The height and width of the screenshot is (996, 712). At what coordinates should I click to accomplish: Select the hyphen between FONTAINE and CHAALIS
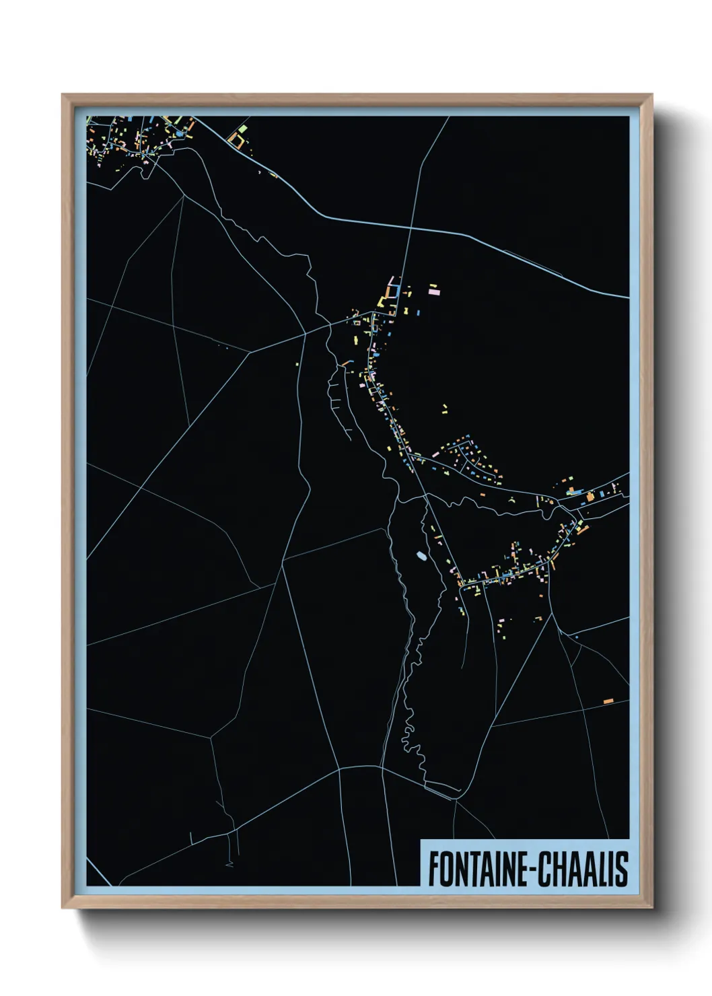533,870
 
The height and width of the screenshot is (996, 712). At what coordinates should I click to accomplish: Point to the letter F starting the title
433,869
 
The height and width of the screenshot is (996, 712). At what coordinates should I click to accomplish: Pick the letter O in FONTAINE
445,869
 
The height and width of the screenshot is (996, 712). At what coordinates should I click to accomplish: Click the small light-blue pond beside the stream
421,556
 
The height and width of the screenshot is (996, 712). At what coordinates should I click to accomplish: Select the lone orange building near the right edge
608,701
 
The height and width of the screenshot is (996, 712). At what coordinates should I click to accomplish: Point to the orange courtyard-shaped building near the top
236,140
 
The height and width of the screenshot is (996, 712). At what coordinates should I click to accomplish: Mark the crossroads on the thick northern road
409,231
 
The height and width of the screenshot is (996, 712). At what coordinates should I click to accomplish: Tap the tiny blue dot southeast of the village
577,635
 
